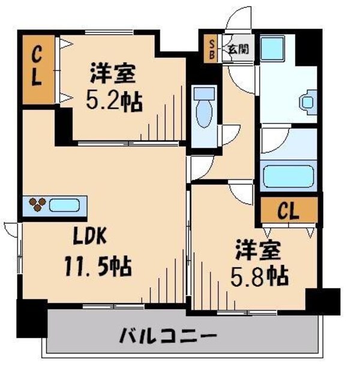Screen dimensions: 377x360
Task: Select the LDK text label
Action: tap(90, 236)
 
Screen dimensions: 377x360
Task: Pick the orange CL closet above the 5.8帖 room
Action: tap(288, 210)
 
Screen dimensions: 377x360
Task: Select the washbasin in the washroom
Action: tap(308, 102)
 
